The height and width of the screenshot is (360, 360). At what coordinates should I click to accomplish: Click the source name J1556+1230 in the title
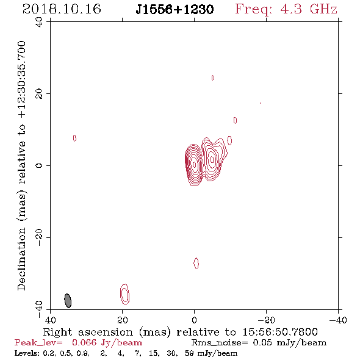[175, 10]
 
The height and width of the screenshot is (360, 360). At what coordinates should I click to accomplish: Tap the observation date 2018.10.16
[62, 9]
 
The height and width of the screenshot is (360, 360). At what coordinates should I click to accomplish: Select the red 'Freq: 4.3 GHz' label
[286, 9]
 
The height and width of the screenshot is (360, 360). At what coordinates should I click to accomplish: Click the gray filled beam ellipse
[68, 301]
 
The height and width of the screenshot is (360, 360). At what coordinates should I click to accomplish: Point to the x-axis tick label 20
[123, 320]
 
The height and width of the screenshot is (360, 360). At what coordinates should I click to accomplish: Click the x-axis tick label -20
[266, 320]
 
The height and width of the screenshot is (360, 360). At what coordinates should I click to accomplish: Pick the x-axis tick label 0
[194, 320]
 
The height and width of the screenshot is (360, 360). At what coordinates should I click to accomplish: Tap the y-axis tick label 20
[39, 94]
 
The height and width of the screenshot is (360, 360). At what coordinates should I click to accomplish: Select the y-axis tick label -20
[39, 237]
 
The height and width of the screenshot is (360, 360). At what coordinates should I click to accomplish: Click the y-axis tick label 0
[39, 165]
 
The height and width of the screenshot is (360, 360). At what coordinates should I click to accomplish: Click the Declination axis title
[21, 165]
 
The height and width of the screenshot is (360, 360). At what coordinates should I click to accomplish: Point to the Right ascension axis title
[180, 333]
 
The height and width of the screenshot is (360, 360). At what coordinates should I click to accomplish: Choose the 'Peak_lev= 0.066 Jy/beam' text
[78, 343]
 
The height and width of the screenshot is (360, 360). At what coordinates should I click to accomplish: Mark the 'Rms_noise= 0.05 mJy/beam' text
[259, 343]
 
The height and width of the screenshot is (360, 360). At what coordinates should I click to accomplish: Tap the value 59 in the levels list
[189, 353]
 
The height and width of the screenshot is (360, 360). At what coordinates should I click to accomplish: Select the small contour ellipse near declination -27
[196, 263]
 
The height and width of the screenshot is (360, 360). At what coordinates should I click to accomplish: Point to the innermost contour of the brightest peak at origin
[195, 164]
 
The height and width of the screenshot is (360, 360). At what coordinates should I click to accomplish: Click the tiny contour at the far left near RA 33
[74, 139]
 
